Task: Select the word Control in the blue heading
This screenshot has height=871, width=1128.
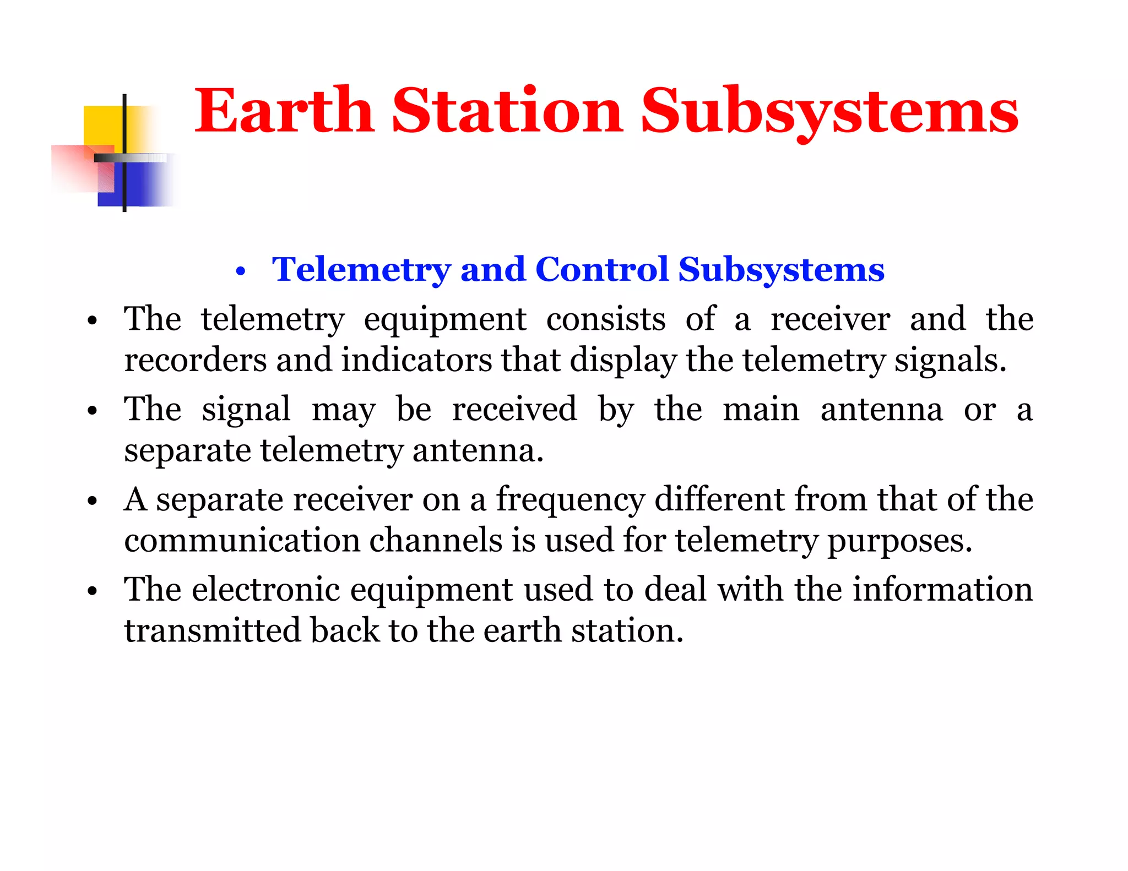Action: point(601,269)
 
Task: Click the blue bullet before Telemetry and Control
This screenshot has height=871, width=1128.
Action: point(240,271)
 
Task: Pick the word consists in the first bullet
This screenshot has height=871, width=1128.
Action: point(605,319)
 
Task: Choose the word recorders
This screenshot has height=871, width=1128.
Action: point(196,360)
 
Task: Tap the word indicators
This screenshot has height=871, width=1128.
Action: point(416,360)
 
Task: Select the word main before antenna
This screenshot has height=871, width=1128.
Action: point(761,410)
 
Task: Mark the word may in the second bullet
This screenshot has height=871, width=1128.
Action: point(344,411)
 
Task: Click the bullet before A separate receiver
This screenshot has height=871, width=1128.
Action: point(92,501)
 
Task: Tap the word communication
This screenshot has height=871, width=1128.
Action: point(242,540)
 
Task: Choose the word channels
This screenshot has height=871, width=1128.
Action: point(436,540)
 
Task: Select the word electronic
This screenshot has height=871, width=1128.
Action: point(265,590)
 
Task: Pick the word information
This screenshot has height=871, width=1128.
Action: point(942,590)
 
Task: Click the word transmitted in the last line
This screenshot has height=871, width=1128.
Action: point(212,630)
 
